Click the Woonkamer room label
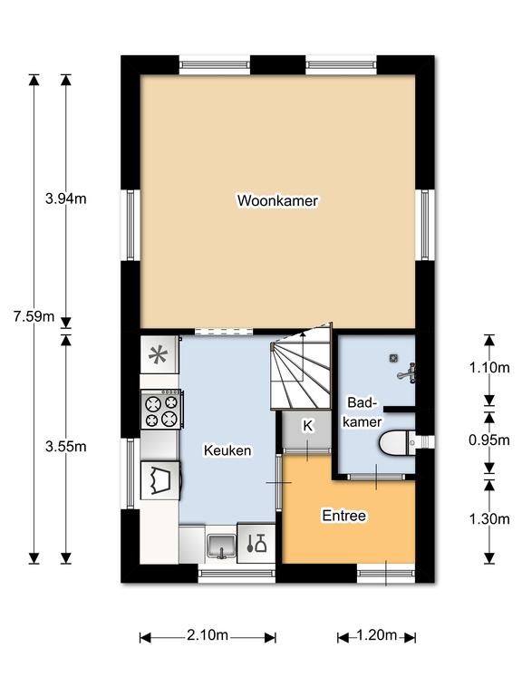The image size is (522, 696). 277,200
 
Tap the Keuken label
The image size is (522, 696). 227,450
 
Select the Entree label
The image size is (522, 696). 344,516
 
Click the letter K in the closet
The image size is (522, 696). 307,426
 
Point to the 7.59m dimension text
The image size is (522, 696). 34,316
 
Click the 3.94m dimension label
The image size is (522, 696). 65,198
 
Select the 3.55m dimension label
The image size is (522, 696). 65,447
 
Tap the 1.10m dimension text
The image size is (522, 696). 489,368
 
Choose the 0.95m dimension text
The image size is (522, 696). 489,440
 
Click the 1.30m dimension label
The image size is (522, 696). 489,518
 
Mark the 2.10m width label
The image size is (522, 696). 208,635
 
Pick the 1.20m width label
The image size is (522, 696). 376,635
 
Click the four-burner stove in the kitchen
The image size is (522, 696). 161,410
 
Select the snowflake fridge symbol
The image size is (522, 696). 159,354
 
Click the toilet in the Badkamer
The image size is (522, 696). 397,443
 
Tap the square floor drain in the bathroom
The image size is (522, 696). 392,357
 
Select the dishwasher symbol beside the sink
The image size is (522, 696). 256,543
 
